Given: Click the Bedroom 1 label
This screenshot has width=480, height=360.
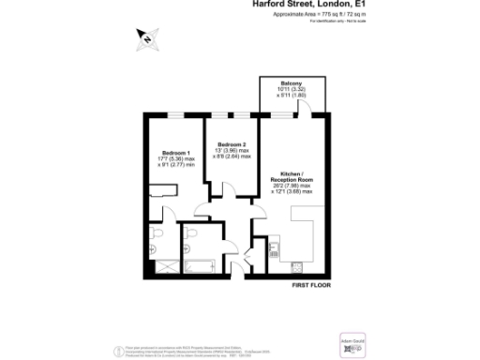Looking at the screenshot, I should (176, 152).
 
